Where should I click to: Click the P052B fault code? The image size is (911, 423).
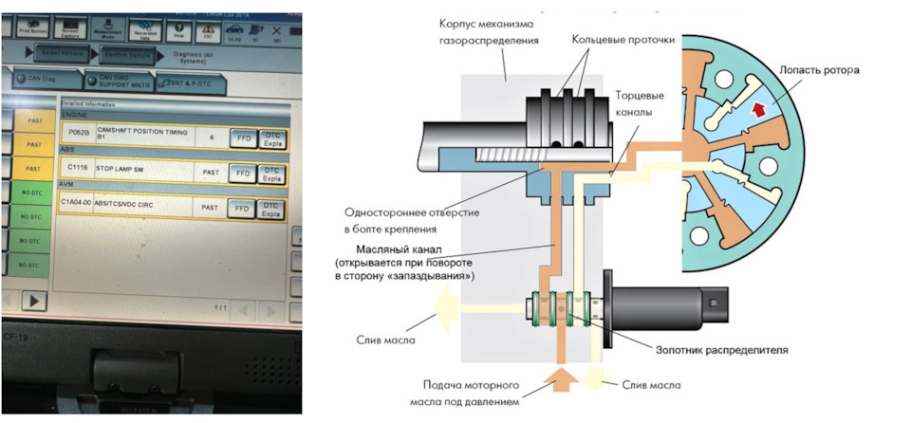coord(75,133)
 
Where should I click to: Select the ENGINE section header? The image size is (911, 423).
coord(74,112)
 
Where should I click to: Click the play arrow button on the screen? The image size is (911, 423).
coord(33,300)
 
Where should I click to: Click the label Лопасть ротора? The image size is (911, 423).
coord(823,69)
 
